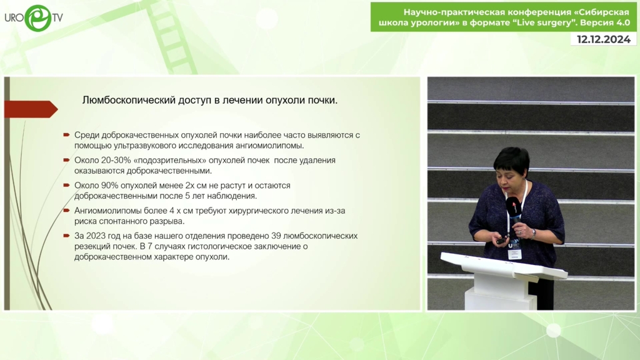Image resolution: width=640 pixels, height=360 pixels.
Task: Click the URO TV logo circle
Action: click(38, 18)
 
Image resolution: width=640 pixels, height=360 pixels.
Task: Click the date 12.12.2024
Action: click(604, 39)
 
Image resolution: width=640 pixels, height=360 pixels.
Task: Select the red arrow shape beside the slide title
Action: click(31, 109)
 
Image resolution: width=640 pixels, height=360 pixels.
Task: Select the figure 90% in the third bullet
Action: click(109, 185)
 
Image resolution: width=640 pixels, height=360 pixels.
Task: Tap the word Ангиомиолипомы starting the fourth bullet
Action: click(107, 211)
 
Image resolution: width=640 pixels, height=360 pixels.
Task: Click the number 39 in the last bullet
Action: click(276, 236)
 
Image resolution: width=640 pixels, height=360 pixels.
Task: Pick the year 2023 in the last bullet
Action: click(96, 236)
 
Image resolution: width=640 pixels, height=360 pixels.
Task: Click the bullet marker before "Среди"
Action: click(66, 135)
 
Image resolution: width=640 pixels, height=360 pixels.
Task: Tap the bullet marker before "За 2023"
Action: click(66, 236)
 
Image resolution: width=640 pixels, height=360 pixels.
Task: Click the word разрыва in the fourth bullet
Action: click(167, 221)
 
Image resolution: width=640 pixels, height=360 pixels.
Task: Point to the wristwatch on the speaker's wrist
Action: click(534, 233)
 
